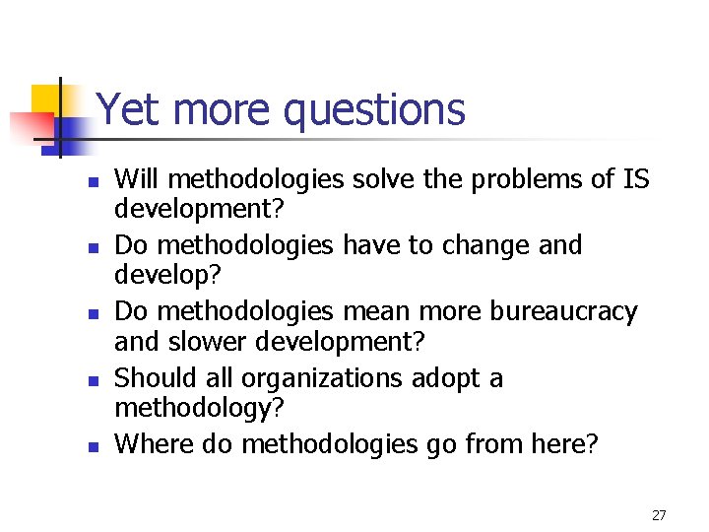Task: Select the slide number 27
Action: pyautogui.click(x=659, y=515)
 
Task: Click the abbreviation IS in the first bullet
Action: pyautogui.click(x=635, y=179)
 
